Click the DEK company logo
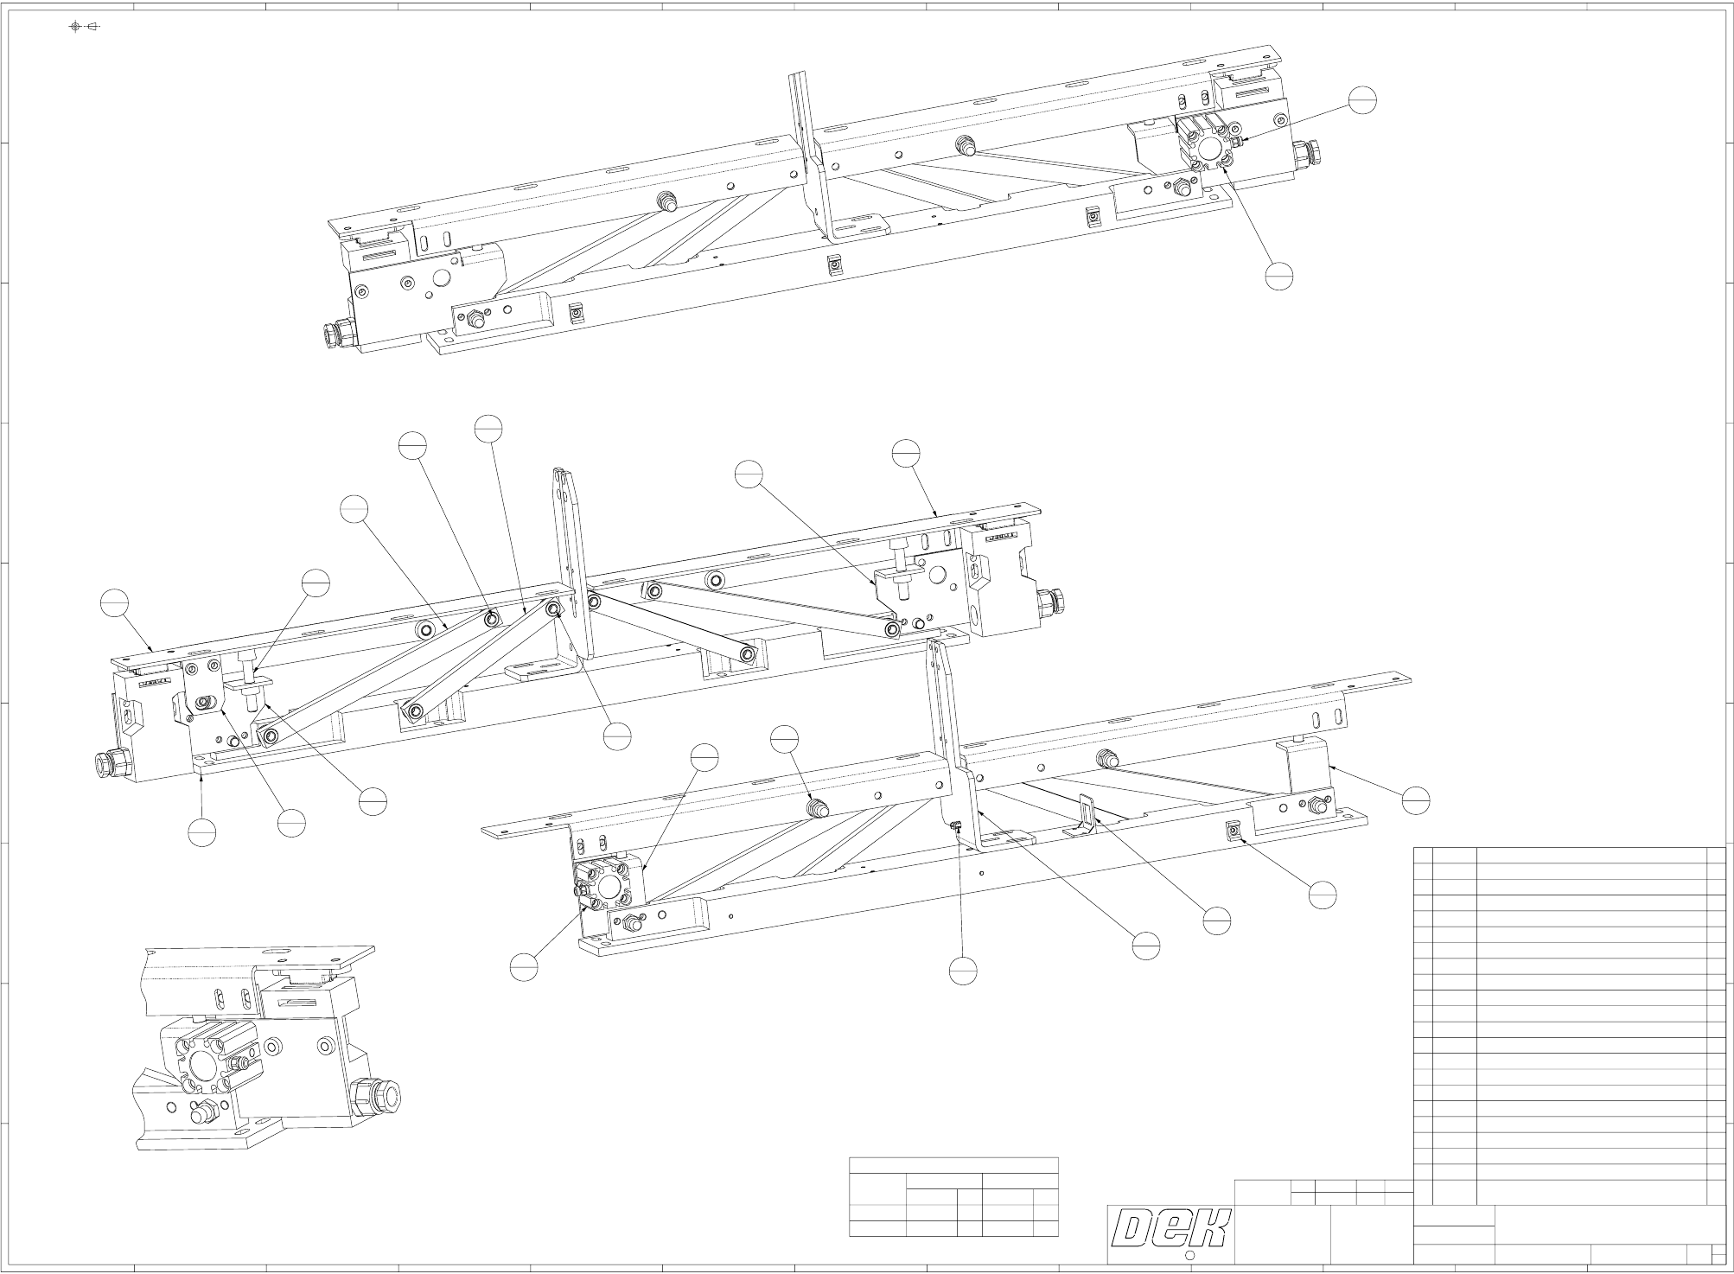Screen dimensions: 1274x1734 coord(1170,1227)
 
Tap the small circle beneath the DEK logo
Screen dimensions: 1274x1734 coord(1189,1255)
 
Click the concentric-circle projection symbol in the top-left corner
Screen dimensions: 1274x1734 coord(75,27)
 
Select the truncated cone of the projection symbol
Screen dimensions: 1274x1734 coord(93,27)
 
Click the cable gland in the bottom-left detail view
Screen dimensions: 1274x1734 coord(379,1096)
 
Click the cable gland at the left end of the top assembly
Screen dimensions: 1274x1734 coord(334,333)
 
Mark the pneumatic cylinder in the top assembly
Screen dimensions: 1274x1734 coord(1207,143)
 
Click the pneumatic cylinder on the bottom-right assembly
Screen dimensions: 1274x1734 coord(608,885)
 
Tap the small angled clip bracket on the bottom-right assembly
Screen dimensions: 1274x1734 coord(1084,818)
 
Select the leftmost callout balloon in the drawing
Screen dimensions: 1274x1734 coord(114,602)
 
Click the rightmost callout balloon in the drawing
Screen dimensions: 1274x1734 coord(1416,800)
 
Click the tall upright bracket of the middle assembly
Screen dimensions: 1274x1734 coord(571,553)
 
